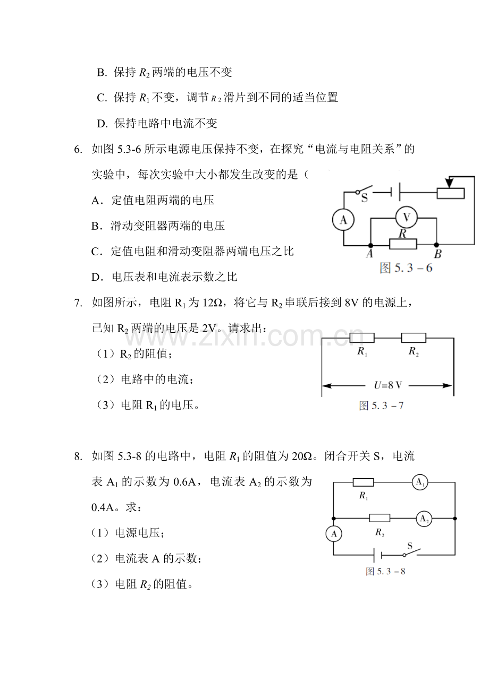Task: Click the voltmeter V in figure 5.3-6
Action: [406, 218]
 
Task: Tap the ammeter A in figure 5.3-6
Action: [343, 220]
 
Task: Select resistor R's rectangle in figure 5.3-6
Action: [403, 244]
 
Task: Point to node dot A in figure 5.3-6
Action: [370, 245]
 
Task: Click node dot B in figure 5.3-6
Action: [436, 245]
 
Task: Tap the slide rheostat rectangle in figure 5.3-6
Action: [450, 193]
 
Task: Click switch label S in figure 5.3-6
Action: [365, 198]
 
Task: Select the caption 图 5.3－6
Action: [406, 268]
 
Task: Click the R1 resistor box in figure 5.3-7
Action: [362, 338]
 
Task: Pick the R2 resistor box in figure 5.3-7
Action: [414, 338]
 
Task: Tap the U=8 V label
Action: [387, 385]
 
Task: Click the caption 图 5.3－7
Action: [381, 405]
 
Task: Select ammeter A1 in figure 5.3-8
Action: [420, 482]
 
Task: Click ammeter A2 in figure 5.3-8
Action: [424, 519]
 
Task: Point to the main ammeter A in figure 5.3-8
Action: [334, 534]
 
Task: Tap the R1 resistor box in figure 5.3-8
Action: [363, 482]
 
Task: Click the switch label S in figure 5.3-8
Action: [410, 546]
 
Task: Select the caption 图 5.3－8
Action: [385, 571]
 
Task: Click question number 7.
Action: [78, 303]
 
